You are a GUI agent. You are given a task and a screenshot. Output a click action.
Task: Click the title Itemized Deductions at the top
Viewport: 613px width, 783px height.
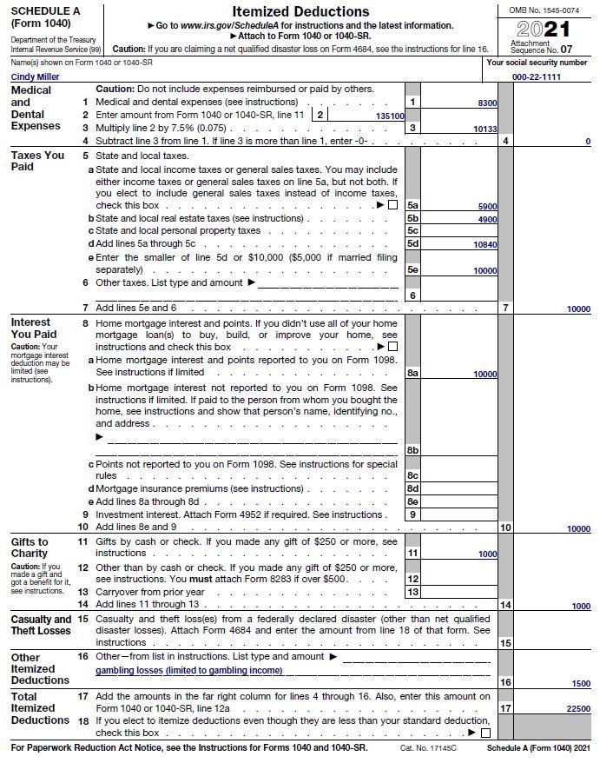[x=300, y=11]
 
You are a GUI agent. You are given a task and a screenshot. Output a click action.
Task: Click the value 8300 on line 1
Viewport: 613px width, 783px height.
[x=487, y=103]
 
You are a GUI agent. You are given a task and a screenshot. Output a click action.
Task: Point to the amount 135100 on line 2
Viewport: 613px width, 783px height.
[x=390, y=116]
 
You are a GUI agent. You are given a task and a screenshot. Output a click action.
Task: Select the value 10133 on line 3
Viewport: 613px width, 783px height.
[x=484, y=129]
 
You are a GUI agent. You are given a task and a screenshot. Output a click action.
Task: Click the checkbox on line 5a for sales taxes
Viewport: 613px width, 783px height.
[x=392, y=205]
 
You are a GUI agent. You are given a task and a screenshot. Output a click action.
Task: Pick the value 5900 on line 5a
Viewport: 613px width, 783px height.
[x=487, y=206]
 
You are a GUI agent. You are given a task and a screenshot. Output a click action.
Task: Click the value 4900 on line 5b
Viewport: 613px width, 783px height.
[x=487, y=219]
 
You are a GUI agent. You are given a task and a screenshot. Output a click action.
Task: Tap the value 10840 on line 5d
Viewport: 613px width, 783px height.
[x=484, y=244]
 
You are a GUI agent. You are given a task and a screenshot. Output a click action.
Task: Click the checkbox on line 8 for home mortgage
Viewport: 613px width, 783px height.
[x=392, y=347]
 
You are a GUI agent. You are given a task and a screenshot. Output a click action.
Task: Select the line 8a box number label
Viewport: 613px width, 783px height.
[x=412, y=373]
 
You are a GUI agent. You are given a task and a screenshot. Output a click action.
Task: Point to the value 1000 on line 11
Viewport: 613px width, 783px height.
[x=487, y=554]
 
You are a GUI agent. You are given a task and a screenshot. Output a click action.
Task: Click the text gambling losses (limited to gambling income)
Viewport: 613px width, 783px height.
[x=188, y=670]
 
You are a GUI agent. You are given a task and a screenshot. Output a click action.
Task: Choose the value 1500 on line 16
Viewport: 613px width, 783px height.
[x=580, y=684]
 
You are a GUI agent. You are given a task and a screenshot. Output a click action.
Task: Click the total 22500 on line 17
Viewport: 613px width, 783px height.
[x=577, y=709]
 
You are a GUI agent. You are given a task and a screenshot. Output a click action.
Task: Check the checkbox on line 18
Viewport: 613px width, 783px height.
[x=484, y=733]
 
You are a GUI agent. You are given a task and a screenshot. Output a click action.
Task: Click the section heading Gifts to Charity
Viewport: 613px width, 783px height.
[x=30, y=547]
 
